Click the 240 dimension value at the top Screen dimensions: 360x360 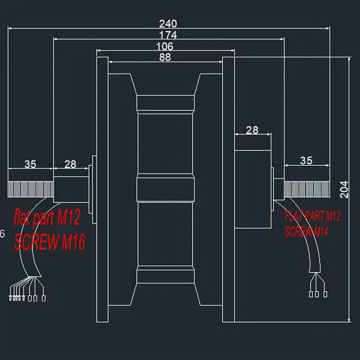tap(168, 23)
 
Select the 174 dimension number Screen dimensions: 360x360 tap(168, 35)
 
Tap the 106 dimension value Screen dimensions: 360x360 tap(165, 46)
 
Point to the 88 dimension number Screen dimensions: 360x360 tap(165, 57)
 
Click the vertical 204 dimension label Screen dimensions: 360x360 tap(344, 189)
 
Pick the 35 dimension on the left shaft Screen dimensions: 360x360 tap(30, 164)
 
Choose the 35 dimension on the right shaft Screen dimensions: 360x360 tap(306, 161)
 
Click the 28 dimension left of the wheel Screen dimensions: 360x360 tap(70, 164)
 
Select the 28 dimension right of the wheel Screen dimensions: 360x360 tap(252, 130)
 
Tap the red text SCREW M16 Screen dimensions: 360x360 tap(49, 242)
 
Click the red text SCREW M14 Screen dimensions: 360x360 tap(306, 231)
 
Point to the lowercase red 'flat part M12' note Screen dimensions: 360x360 tap(47, 217)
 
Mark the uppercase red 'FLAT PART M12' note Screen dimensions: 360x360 tap(312, 216)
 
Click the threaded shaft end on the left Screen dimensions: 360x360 tap(31, 189)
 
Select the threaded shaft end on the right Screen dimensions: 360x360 tap(307, 189)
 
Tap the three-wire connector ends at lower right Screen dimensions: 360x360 tap(318, 294)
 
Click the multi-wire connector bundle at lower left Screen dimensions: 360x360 tap(27, 298)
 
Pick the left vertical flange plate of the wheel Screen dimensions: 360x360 tap(103, 189)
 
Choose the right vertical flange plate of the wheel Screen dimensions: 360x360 tap(228, 189)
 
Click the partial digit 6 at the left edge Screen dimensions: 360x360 tap(2, 234)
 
